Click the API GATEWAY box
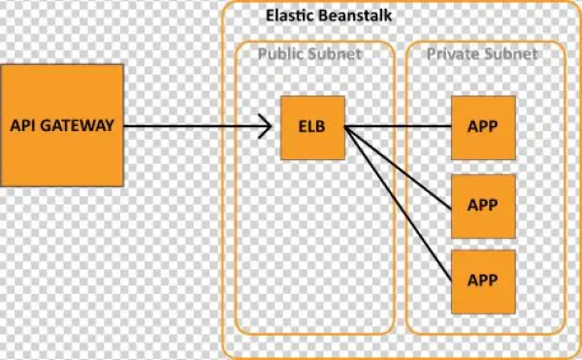pyautogui.click(x=62, y=125)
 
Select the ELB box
pyautogui.click(x=312, y=127)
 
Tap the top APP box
pyautogui.click(x=483, y=127)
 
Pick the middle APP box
pyautogui.click(x=483, y=205)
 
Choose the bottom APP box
pyautogui.click(x=483, y=279)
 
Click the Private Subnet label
pyautogui.click(x=482, y=53)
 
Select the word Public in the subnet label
pyautogui.click(x=280, y=53)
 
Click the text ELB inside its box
pyautogui.click(x=312, y=127)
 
